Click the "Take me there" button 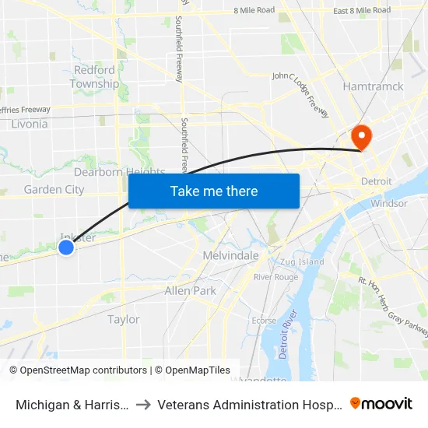[x=214, y=191]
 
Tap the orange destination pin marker [x=362, y=138]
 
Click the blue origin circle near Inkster [x=66, y=247]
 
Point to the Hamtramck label [x=374, y=86]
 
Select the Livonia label [x=30, y=124]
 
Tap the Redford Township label [x=95, y=77]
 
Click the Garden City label [x=54, y=189]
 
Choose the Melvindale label [x=230, y=255]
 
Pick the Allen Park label [x=190, y=290]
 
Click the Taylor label [x=124, y=319]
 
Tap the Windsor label [x=389, y=203]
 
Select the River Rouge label [x=275, y=277]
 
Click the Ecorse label [x=264, y=320]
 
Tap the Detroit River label [x=289, y=334]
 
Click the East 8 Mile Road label [x=361, y=10]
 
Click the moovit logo [x=381, y=403]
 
